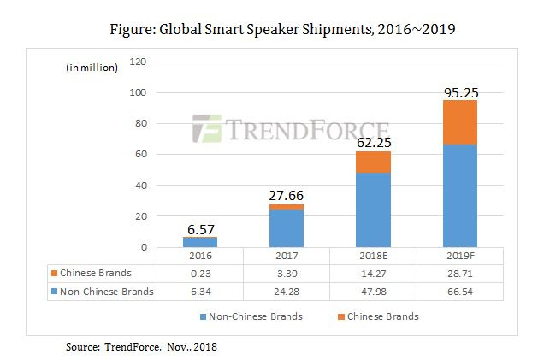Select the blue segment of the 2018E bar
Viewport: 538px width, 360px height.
pos(373,210)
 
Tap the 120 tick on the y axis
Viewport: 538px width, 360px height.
pos(139,62)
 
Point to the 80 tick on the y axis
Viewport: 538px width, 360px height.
pos(142,123)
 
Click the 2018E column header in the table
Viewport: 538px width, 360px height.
pos(373,256)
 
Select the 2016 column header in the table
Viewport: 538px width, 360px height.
pos(200,256)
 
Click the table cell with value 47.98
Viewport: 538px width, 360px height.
pos(373,292)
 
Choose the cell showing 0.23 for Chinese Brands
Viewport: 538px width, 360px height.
pos(200,274)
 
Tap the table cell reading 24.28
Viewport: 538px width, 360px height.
pos(287,292)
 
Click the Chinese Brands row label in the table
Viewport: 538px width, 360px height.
pos(96,274)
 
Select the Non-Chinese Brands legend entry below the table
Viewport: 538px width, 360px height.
pos(257,316)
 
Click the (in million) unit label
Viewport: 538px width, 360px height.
pos(92,68)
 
